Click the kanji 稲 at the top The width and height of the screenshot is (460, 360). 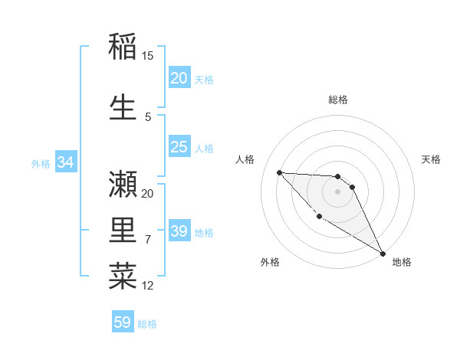point(123,47)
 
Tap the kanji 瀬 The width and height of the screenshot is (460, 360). point(123,183)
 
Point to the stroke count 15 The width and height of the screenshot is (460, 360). point(148,56)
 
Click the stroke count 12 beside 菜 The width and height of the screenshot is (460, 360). point(148,286)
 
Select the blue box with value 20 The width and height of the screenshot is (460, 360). point(179,78)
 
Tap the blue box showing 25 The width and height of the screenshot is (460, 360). point(179,147)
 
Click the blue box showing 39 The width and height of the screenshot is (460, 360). point(179,231)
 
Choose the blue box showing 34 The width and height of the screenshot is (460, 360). point(66,162)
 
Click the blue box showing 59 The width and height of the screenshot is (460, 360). point(123,322)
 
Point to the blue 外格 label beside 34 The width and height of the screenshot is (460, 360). point(41,163)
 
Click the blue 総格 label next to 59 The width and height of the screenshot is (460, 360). point(147,324)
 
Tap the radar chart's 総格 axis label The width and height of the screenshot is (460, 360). point(338,100)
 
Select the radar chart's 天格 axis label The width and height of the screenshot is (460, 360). point(432,159)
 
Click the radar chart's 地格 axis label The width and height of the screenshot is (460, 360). point(402,262)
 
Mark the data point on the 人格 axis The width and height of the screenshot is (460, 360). point(279,172)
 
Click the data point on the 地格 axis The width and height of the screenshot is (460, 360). point(383,254)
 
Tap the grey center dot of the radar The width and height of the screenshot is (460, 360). point(338,191)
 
